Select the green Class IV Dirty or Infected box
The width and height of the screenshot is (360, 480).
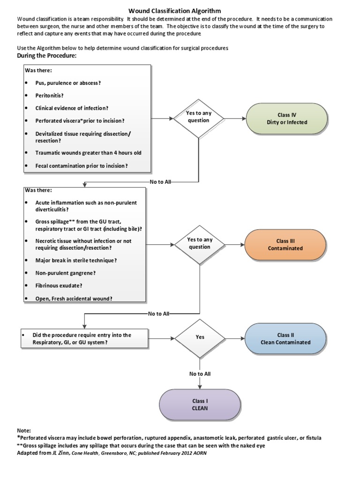[x=286, y=119]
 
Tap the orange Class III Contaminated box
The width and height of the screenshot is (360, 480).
[x=285, y=245]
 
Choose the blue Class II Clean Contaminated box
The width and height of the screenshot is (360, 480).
[x=285, y=338]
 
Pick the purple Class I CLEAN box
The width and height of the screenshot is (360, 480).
[x=200, y=405]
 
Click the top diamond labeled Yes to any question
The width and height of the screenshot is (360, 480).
[x=199, y=117]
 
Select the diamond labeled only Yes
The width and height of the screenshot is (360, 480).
[x=200, y=337]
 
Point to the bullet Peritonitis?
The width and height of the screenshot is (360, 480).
[x=49, y=95]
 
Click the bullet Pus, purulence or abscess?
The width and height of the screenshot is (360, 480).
[x=68, y=83]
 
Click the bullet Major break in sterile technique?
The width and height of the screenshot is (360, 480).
[x=76, y=260]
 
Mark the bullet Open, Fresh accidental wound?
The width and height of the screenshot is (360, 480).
[x=74, y=298]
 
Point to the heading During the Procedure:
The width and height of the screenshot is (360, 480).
[x=46, y=56]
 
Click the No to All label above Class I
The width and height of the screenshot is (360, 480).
[x=200, y=374]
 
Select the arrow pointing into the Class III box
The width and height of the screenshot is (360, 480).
[x=234, y=244]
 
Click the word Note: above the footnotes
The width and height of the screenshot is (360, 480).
[x=24, y=430]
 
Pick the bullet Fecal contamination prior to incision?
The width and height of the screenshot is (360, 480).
[x=81, y=166]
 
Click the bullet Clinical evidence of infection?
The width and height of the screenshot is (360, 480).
[x=72, y=108]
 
